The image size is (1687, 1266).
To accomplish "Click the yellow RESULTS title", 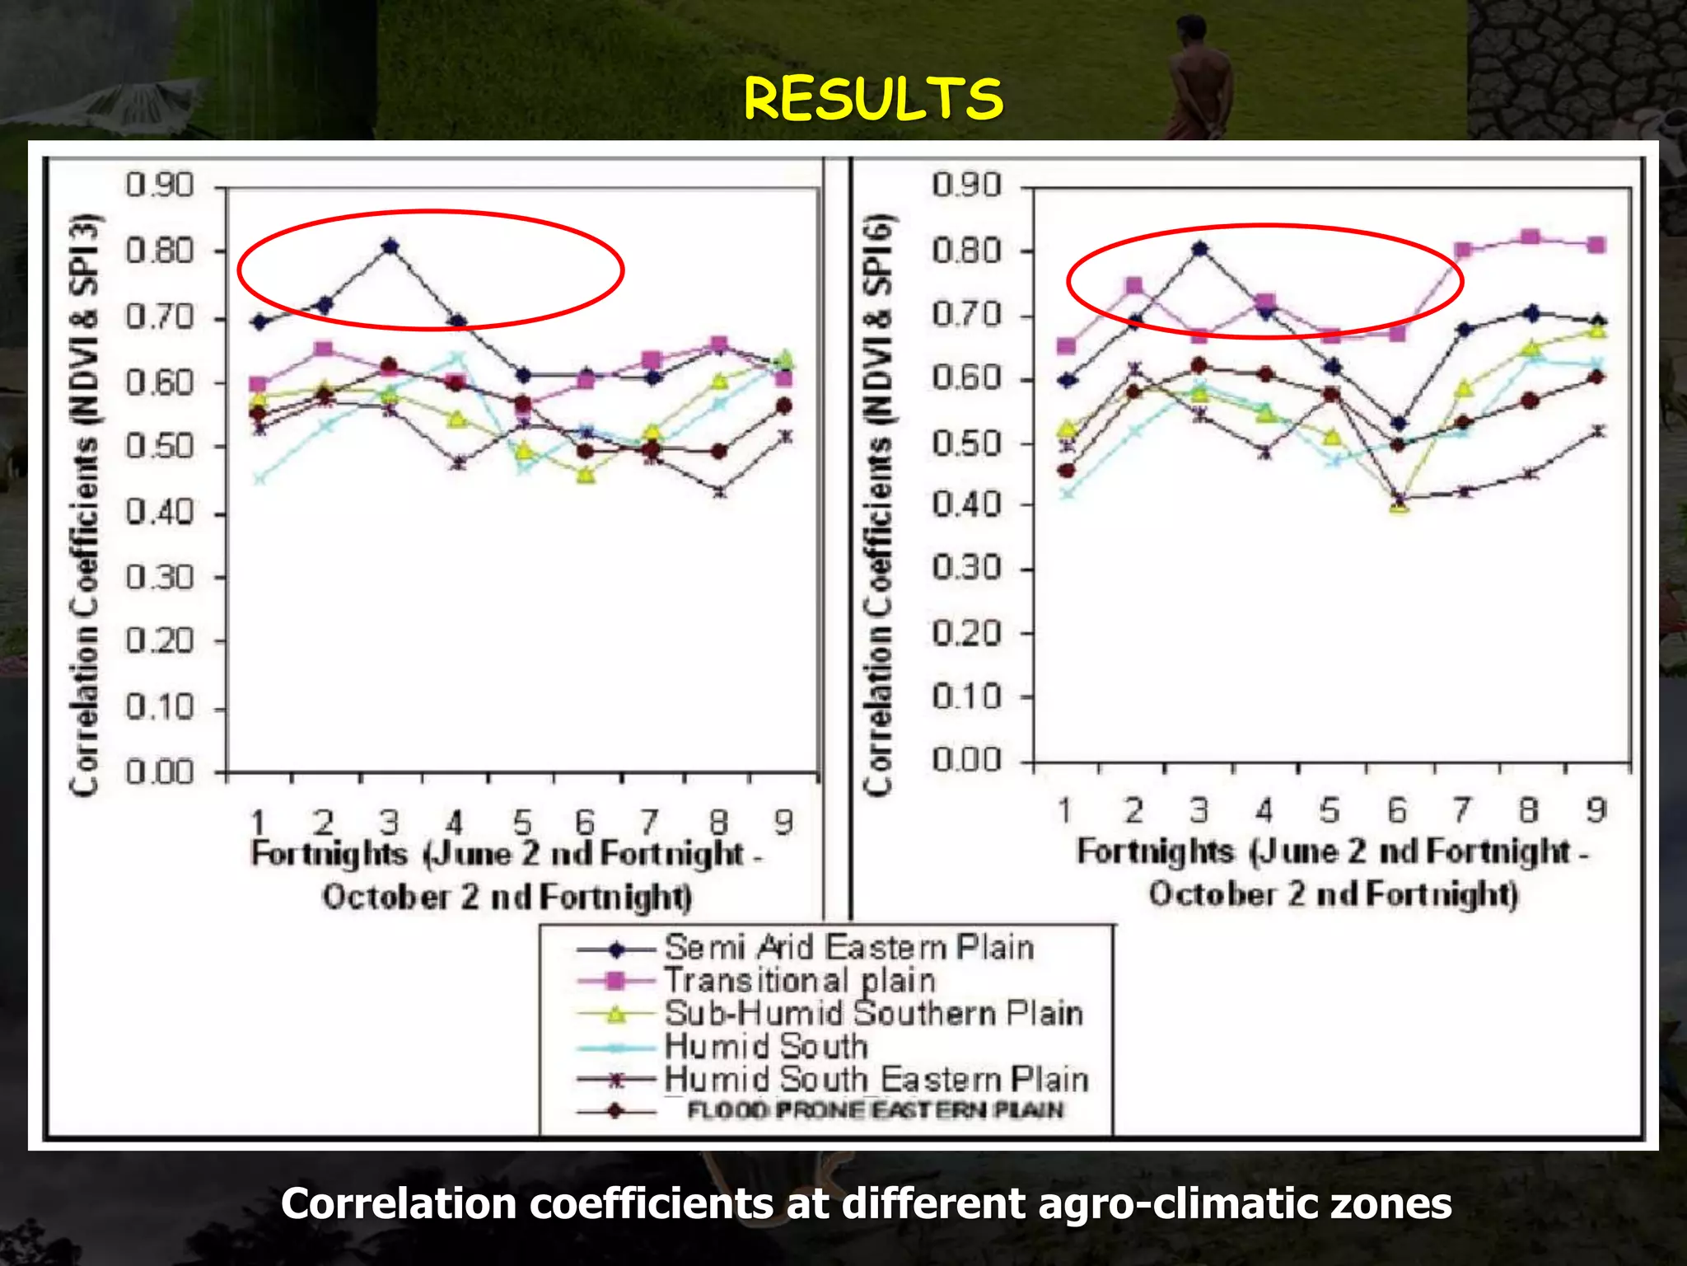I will pos(873,99).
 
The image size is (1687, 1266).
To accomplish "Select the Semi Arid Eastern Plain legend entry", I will pos(848,948).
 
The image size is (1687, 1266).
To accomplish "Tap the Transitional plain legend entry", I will pos(799,981).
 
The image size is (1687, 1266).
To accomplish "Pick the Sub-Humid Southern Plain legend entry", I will pos(873,1014).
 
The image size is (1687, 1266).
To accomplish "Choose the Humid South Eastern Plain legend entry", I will pos(876,1079).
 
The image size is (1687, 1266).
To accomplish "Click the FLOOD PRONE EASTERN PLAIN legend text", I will pos(875,1110).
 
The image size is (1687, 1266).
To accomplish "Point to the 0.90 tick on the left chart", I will pos(160,185).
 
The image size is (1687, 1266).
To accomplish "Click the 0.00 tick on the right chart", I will pos(966,760).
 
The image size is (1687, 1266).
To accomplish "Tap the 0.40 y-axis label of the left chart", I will pos(160,513).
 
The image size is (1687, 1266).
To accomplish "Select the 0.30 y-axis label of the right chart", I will pos(966,569).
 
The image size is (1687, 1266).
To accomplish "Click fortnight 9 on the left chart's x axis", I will pos(783,822).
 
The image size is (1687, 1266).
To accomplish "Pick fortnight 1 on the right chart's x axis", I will pos(1065,811).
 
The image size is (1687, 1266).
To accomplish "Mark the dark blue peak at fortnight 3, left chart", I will pos(390,246).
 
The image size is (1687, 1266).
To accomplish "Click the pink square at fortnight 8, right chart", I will pos(1530,238).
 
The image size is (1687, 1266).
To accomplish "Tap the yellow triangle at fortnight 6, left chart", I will pos(586,475).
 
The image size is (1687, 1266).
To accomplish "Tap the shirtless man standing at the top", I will pos(1199,74).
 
